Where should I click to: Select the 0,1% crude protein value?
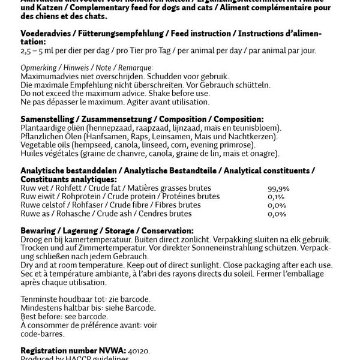click(277, 196)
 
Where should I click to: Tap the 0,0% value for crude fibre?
click(277, 205)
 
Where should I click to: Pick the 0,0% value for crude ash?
click(277, 213)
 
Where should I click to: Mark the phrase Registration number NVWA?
click(75, 350)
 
